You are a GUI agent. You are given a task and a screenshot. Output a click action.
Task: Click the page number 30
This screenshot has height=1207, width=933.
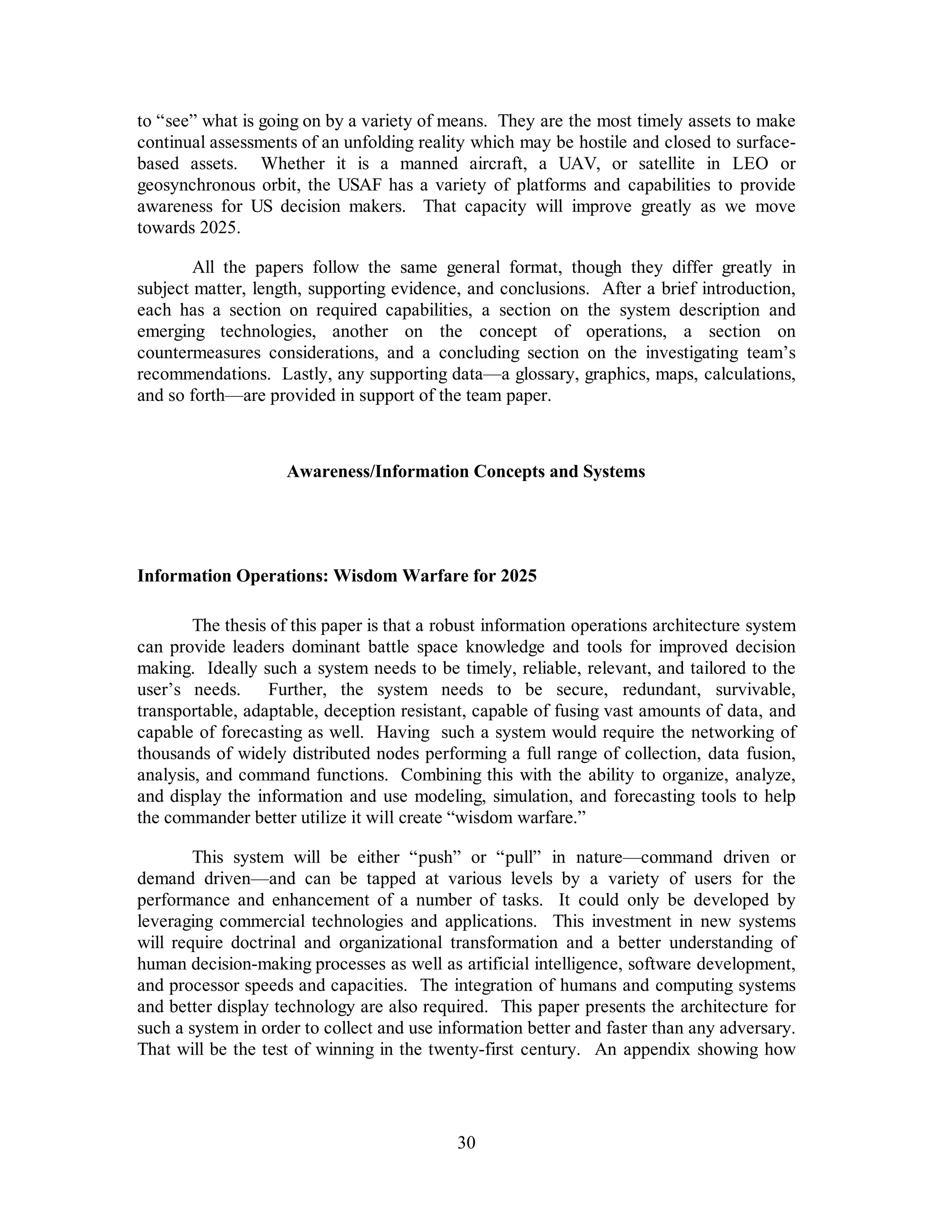click(466, 1142)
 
